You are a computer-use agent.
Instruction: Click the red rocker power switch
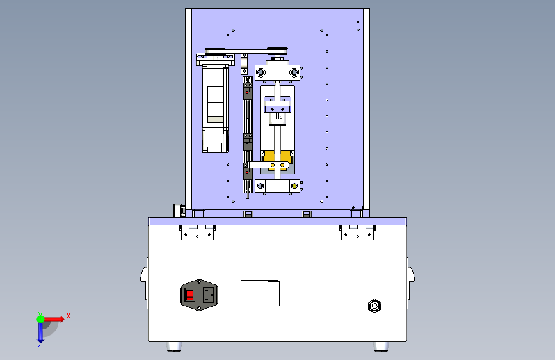[x=189, y=295]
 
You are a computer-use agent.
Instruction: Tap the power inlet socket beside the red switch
[x=209, y=295]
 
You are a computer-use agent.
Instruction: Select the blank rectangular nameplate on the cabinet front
[x=260, y=293]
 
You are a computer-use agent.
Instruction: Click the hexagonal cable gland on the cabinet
[x=374, y=306]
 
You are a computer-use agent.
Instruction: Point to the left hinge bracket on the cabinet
[x=198, y=233]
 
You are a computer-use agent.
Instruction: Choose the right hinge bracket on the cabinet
[x=357, y=233]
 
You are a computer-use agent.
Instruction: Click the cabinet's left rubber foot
[x=173, y=346]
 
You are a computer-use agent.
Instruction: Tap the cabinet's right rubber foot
[x=382, y=346]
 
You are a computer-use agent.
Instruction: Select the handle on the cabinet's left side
[x=145, y=278]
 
